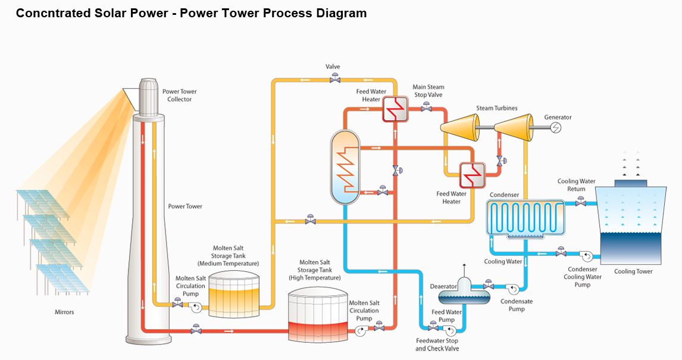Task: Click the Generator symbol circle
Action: click(x=555, y=127)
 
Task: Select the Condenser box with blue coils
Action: click(x=525, y=218)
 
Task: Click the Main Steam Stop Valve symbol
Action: click(x=427, y=108)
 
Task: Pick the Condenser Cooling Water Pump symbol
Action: click(x=587, y=256)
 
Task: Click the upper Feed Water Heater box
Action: click(x=395, y=108)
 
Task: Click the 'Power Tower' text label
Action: click(x=185, y=206)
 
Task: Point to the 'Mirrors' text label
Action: click(x=64, y=312)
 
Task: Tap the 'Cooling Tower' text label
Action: click(x=633, y=271)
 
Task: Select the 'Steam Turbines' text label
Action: click(x=496, y=108)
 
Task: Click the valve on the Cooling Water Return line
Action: click(x=581, y=204)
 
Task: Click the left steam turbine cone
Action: click(x=459, y=127)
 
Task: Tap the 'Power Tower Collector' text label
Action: click(x=179, y=95)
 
